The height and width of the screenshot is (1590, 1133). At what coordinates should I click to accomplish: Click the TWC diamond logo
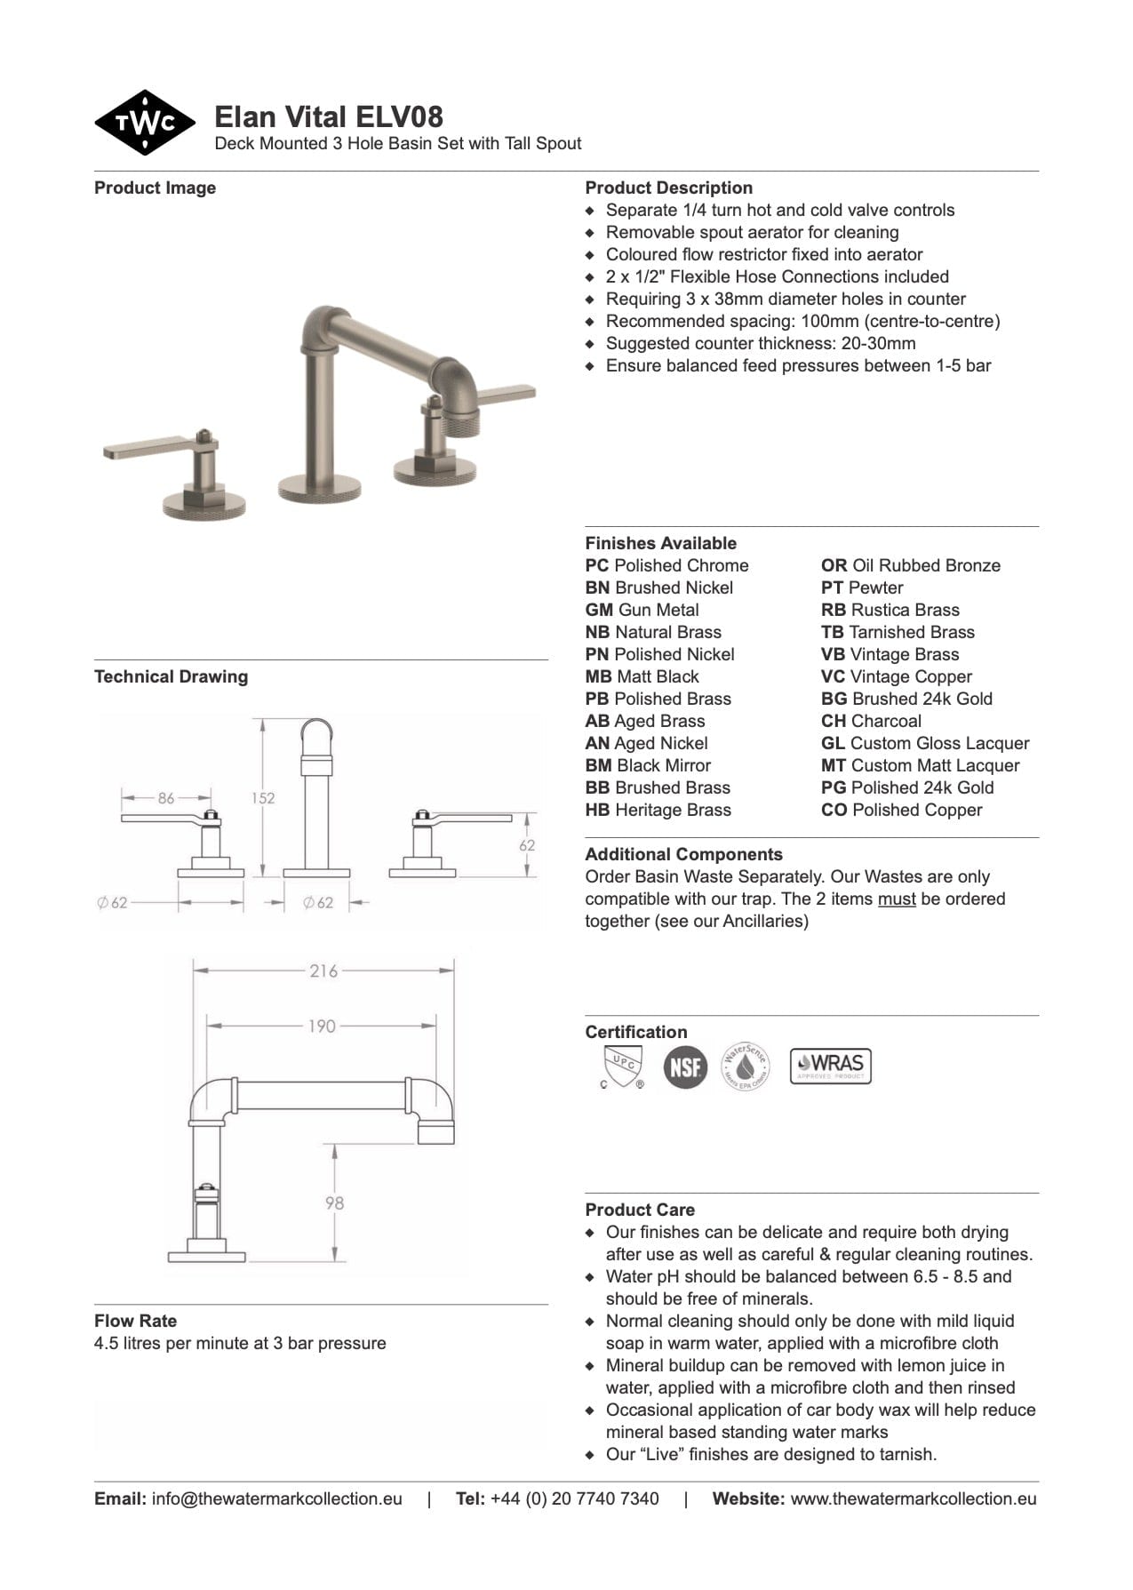point(144,123)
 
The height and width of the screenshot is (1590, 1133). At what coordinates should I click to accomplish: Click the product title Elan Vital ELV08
point(329,116)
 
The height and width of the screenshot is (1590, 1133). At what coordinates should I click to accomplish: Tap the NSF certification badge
point(685,1066)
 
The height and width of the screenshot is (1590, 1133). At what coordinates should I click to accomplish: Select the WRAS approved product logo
point(830,1065)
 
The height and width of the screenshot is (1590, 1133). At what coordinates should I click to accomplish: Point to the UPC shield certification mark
point(622,1065)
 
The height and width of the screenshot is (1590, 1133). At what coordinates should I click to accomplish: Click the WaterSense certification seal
point(745,1066)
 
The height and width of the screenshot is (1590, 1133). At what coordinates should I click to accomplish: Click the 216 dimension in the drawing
point(323,971)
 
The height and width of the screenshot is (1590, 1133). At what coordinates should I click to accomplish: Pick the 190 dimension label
point(322,1026)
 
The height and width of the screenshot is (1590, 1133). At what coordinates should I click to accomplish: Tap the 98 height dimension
point(334,1202)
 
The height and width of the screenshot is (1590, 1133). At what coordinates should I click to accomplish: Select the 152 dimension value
point(263,798)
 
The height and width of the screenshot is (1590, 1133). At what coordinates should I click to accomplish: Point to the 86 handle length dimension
point(166,798)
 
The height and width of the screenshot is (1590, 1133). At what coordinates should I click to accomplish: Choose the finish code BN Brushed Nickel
point(658,587)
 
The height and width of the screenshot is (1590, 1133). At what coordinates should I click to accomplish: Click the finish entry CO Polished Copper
point(901,810)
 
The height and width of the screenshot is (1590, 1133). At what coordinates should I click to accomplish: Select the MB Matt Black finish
point(642,676)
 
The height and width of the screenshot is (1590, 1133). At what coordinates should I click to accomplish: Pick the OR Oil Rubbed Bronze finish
point(910,565)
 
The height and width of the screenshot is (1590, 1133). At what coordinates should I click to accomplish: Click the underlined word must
point(896,899)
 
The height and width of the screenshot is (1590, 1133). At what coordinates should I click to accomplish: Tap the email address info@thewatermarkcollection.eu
point(276,1498)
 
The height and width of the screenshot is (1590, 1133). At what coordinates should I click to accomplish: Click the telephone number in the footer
point(574,1498)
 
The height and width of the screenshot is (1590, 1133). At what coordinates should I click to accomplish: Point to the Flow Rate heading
point(135,1321)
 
